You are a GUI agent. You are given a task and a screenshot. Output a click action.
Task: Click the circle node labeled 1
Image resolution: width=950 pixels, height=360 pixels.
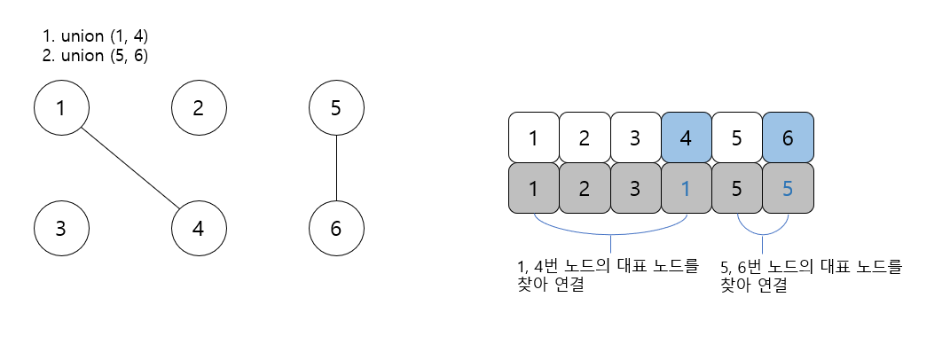[x=61, y=109]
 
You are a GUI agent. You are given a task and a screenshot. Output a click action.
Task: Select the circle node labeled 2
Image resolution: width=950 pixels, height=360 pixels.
[x=199, y=109]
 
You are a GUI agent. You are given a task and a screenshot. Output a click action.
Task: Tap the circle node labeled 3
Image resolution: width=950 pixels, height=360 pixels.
[x=61, y=228]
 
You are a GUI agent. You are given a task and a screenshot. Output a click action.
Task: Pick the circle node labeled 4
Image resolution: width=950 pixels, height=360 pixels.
[x=199, y=228]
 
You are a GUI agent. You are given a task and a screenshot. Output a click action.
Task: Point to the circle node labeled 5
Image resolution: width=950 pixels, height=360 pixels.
[x=336, y=109]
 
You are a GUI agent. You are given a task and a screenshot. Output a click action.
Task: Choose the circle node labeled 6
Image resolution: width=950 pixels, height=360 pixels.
[x=336, y=228]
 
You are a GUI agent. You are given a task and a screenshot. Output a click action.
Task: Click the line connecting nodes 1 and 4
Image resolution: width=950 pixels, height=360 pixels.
[x=130, y=168]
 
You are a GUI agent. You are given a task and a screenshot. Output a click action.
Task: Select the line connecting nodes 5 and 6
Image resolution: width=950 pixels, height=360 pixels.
[x=336, y=168]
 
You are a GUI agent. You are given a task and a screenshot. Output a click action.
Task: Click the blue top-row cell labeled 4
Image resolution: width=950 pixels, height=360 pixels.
[x=687, y=138]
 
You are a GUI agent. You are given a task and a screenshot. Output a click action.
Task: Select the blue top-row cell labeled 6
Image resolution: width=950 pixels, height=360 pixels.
[x=789, y=138]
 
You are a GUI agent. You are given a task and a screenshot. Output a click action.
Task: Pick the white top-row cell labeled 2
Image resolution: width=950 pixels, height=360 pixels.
[x=585, y=138]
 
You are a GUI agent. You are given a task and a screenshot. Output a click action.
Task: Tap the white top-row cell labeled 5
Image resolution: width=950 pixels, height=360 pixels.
[x=738, y=138]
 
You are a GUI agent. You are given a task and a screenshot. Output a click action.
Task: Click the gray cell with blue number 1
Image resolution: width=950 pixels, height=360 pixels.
[x=687, y=188]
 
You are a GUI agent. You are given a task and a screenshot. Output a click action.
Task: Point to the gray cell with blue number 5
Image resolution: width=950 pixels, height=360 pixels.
[x=789, y=188]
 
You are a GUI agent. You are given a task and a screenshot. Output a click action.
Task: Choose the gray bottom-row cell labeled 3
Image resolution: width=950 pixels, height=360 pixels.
[x=636, y=188]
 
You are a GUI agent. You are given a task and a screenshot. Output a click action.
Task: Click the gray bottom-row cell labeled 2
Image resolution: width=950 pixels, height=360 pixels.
[x=585, y=188]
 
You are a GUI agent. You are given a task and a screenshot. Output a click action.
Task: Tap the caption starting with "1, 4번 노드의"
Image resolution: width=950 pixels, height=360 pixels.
[x=607, y=276]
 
